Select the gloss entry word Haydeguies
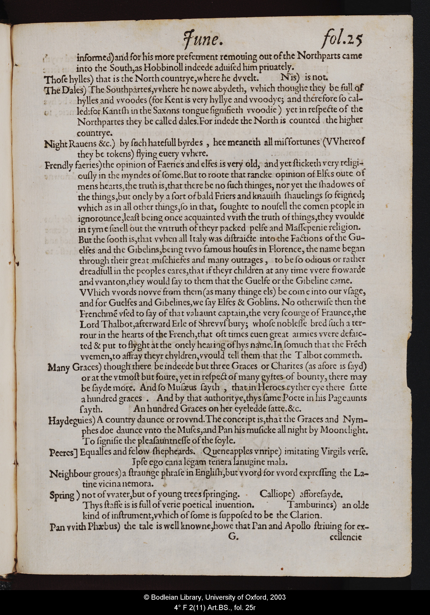[72, 420]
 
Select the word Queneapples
[227, 452]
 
